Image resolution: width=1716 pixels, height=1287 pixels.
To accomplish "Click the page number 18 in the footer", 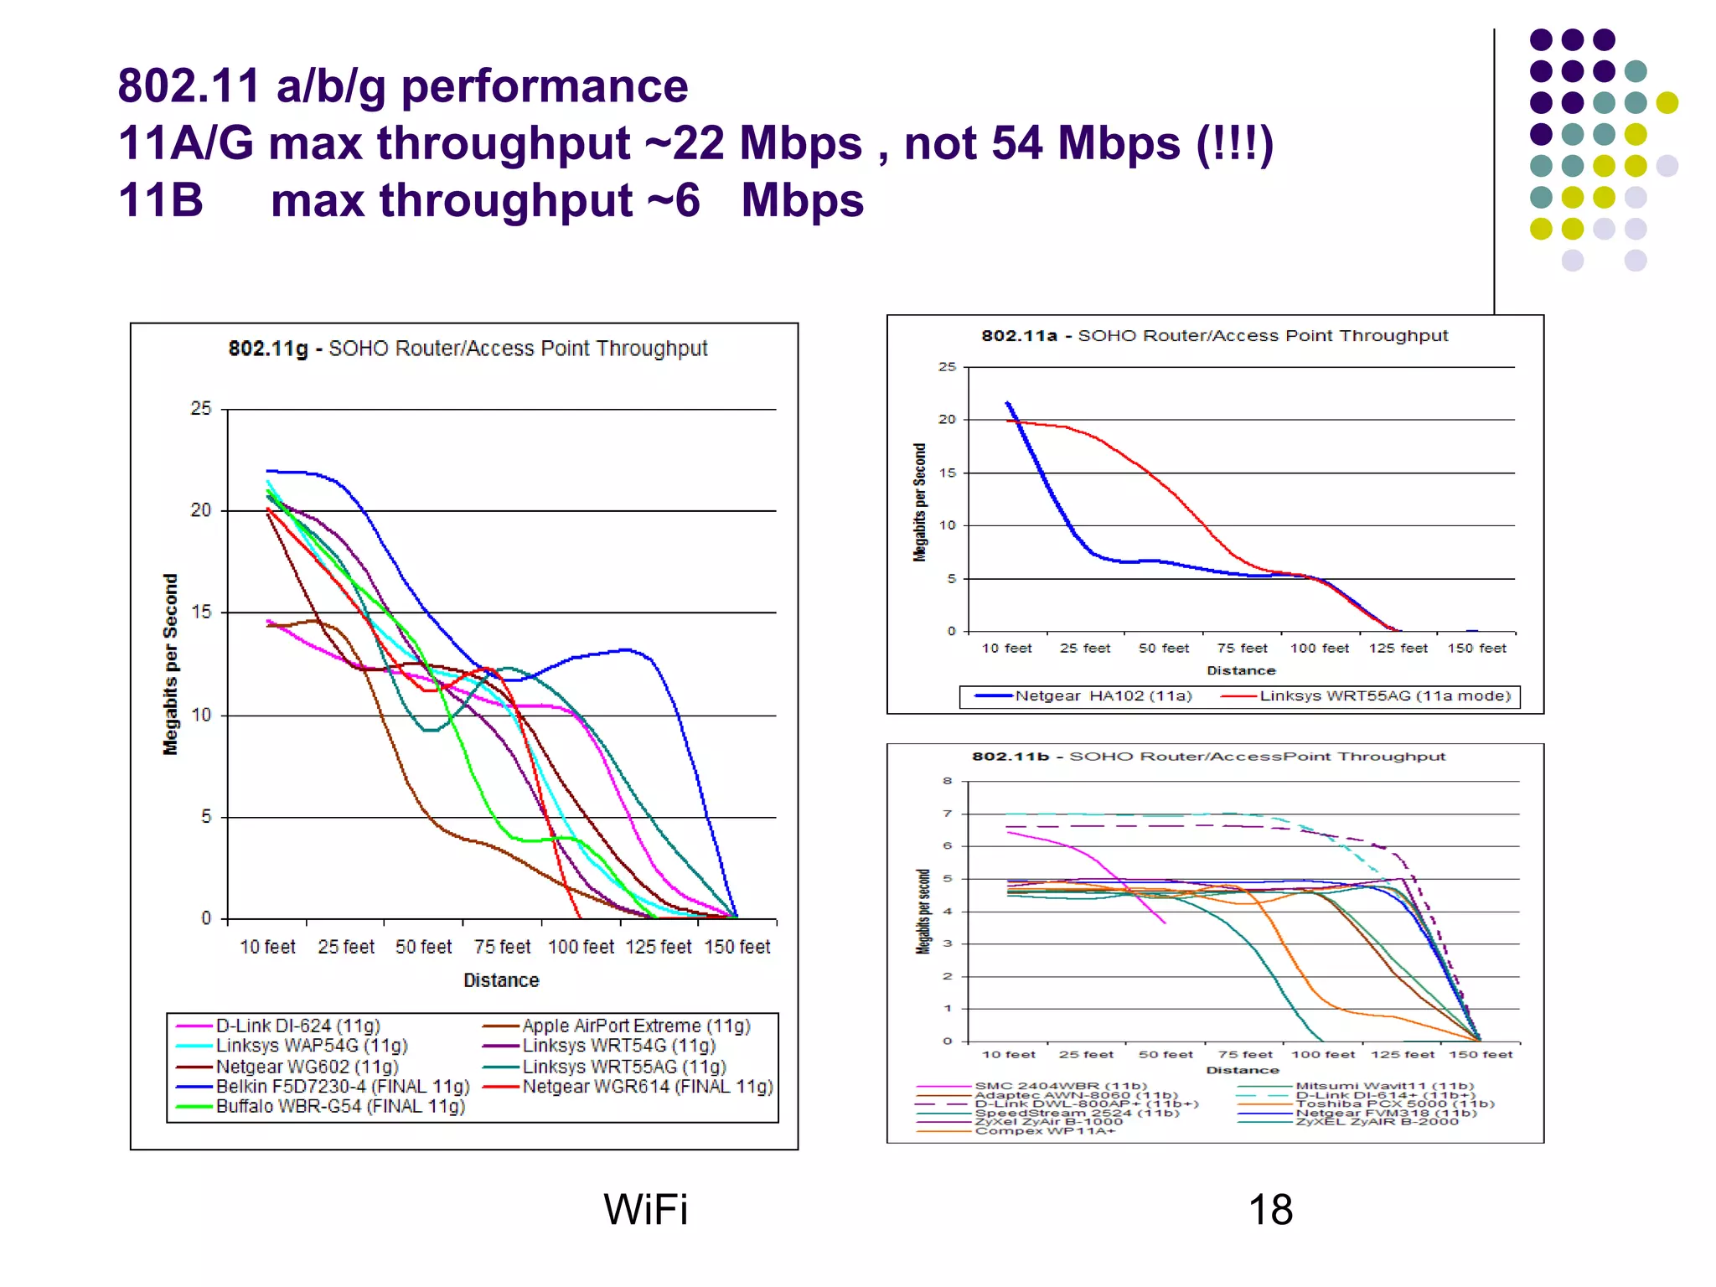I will [x=1270, y=1210].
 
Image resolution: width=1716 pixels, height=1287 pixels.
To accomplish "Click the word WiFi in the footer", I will [x=645, y=1210].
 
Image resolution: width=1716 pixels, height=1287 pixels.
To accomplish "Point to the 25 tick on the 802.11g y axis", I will [x=201, y=409].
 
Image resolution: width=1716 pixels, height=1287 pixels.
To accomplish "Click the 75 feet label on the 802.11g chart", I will [x=502, y=947].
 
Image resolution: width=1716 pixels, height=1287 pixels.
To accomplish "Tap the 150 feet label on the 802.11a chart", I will [x=1476, y=649].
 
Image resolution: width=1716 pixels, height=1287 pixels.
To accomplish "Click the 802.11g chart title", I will [x=468, y=349].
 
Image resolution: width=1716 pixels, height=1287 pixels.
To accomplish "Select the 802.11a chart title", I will [x=1214, y=336].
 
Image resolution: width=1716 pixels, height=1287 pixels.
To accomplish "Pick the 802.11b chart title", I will [x=1208, y=757].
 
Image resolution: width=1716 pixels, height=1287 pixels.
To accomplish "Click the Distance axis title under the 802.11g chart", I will [x=501, y=980].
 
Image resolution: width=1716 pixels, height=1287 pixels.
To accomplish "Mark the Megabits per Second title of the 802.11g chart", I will [x=171, y=664].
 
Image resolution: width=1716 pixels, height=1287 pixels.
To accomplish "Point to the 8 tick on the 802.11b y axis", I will [x=948, y=781].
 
